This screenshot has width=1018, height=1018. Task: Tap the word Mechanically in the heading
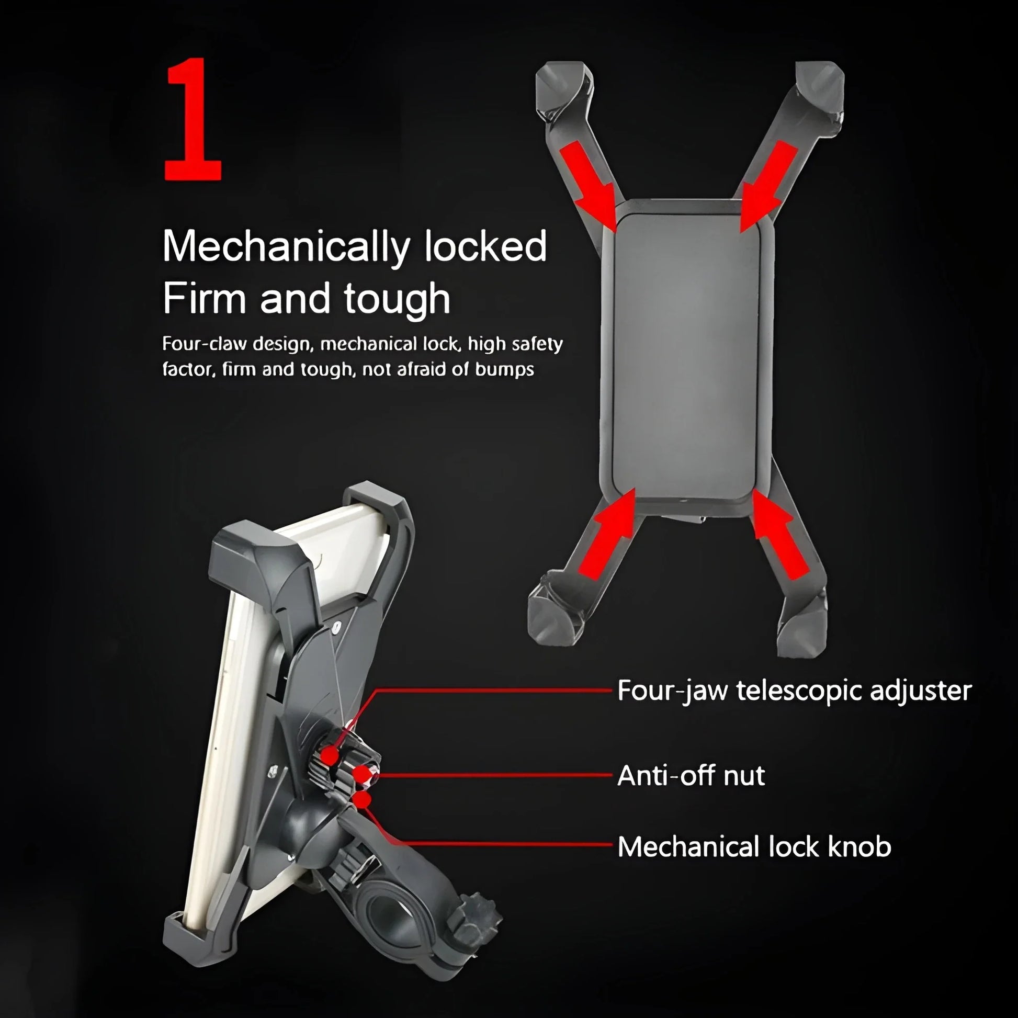pyautogui.click(x=286, y=246)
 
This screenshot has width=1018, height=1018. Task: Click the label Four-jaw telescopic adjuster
pyautogui.click(x=794, y=691)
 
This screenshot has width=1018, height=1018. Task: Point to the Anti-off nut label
pyautogui.click(x=691, y=775)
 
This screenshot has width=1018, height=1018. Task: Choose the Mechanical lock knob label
pyautogui.click(x=754, y=847)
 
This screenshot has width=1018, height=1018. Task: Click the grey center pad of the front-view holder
pyautogui.click(x=686, y=357)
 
